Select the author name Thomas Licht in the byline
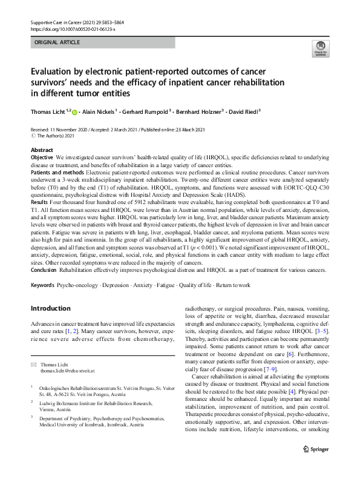tap(48, 111)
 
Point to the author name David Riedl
tap(241, 111)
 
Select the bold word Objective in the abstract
tap(42, 157)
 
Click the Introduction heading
tap(50, 309)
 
